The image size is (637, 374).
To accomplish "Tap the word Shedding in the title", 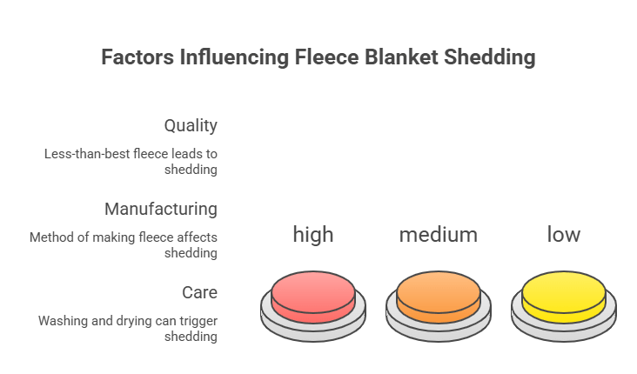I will [x=490, y=58].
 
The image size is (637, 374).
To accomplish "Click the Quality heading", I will [x=191, y=125].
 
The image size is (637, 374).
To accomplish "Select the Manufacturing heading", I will [x=161, y=209].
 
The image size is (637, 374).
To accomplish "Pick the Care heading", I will [x=199, y=292].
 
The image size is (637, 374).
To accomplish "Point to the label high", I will [x=313, y=234].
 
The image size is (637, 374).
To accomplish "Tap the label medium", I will [x=439, y=234].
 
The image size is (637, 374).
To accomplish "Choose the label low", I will [x=564, y=234].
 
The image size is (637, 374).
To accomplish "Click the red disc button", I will [x=313, y=296].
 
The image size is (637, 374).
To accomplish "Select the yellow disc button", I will [x=564, y=296].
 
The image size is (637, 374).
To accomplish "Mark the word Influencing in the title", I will [x=231, y=58].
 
